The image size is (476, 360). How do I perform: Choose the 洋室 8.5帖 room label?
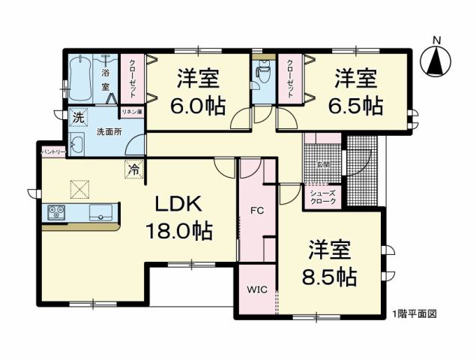point(331,263)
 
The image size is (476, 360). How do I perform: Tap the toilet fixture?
point(262,75)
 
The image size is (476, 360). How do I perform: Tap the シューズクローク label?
point(323,196)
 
